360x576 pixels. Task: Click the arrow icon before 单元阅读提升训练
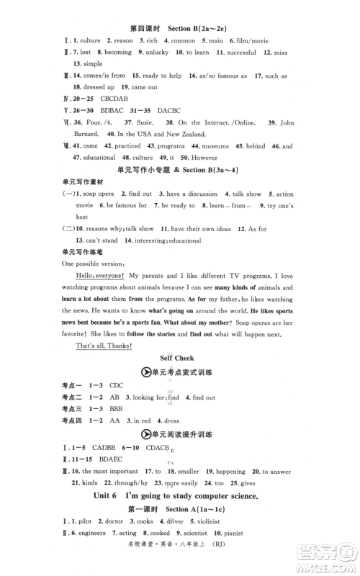tap(145, 434)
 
